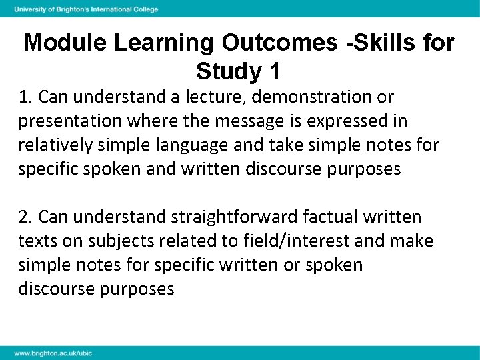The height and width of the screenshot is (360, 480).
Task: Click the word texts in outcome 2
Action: tap(35, 241)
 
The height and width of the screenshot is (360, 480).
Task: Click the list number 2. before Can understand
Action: tap(26, 217)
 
